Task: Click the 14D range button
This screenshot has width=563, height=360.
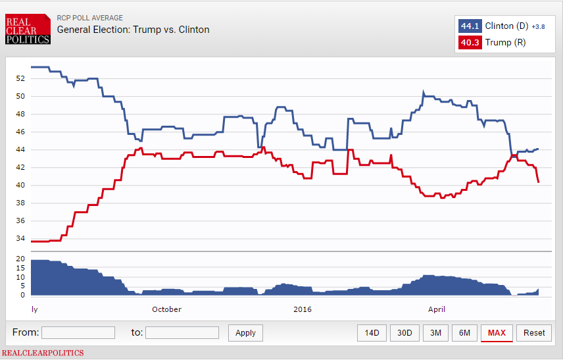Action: point(372,332)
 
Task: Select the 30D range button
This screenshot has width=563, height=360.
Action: point(404,332)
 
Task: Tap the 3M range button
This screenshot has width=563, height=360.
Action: point(435,332)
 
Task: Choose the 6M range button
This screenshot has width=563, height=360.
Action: point(464,332)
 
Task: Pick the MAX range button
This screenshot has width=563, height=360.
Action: point(497,332)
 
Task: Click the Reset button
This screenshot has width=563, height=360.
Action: point(534,332)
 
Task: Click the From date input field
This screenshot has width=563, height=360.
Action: point(78,332)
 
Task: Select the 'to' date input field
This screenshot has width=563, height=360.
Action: point(182,332)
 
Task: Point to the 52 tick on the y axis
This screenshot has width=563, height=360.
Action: point(20,78)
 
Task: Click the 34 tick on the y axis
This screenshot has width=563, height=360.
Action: point(20,239)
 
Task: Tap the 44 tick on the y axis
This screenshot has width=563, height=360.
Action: point(20,149)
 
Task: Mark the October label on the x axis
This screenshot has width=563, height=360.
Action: point(166,309)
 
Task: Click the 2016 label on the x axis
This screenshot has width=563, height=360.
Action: point(303,309)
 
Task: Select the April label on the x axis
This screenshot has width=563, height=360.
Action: point(437,309)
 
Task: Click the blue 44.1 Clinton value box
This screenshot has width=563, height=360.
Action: point(470,26)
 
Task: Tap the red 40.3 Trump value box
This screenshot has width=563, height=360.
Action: point(470,43)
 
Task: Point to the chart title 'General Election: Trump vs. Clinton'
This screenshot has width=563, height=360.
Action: point(134,30)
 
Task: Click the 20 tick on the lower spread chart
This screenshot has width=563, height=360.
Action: point(20,259)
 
